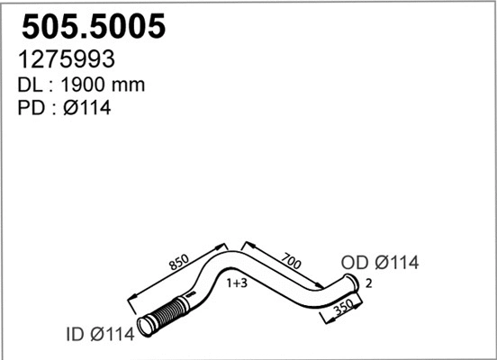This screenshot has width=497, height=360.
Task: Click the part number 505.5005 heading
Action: click(x=94, y=26)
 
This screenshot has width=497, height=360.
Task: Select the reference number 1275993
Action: click(x=67, y=58)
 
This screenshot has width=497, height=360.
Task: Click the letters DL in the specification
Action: click(x=30, y=85)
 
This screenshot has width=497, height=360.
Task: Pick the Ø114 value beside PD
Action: click(x=87, y=108)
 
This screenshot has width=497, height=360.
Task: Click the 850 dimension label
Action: click(x=179, y=262)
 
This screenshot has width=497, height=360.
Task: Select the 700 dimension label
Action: click(x=291, y=261)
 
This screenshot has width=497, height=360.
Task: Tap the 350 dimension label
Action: click(x=344, y=307)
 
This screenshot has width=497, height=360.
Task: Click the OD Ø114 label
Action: click(x=380, y=263)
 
